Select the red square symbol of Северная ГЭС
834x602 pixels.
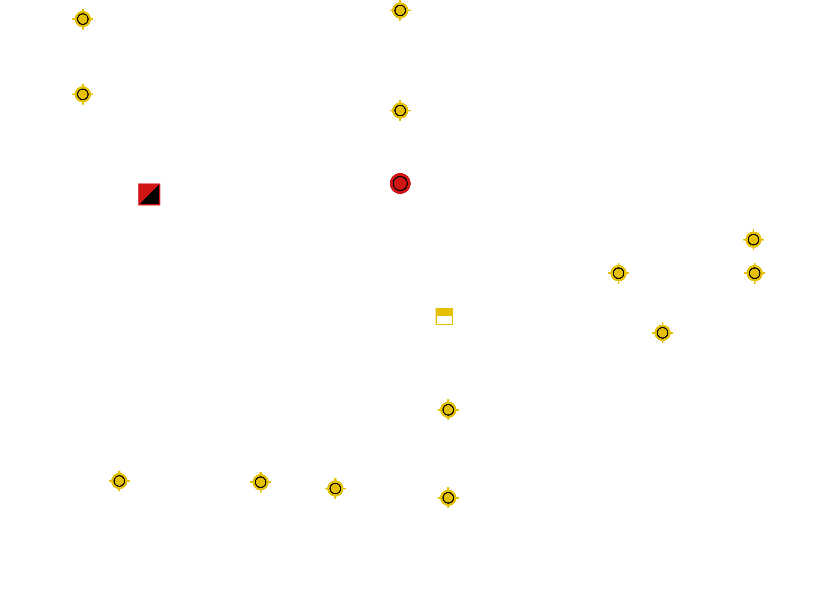[x=149, y=194]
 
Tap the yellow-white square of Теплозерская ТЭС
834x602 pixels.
[x=444, y=316]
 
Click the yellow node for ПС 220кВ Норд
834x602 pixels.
[x=83, y=19]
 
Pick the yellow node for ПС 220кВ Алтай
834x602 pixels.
[x=83, y=94]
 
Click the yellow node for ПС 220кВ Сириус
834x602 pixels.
[x=662, y=333]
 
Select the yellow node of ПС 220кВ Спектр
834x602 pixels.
[x=119, y=481]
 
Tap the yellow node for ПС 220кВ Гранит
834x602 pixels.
[x=260, y=482]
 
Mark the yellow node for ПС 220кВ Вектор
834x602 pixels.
[x=335, y=489]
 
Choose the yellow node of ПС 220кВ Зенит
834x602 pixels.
[x=618, y=273]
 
